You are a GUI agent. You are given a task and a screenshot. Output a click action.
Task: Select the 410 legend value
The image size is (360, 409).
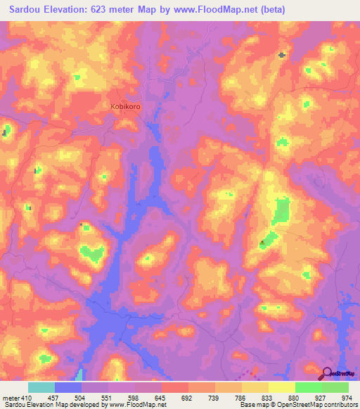point(21,397)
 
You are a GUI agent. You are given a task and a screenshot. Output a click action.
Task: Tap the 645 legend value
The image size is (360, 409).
point(160,397)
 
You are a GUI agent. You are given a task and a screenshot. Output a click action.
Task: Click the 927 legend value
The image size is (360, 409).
point(321,397)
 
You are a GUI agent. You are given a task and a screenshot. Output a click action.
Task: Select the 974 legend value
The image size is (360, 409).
point(348,397)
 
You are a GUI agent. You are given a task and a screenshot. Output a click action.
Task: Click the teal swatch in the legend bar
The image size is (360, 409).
point(41,387)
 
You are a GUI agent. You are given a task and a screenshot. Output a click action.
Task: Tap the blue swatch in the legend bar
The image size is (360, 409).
point(68,387)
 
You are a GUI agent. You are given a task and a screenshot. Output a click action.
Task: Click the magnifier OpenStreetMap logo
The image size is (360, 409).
point(328,374)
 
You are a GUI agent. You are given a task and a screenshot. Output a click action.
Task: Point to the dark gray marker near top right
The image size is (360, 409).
point(282,55)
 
